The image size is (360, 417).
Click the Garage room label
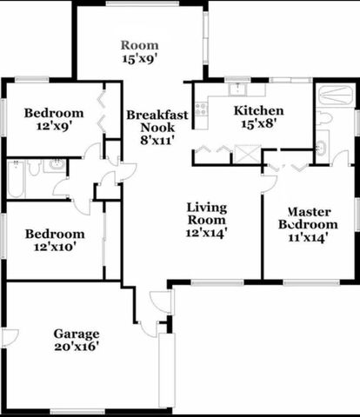click(x=77, y=334)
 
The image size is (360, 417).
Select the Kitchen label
click(x=259, y=110)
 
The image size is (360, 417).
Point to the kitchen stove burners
click(x=201, y=109)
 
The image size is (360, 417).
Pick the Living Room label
click(x=207, y=213)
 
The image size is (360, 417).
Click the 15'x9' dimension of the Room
click(x=139, y=60)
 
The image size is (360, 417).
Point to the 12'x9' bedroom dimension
click(x=53, y=127)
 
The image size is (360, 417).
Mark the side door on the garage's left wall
click(x=10, y=337)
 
